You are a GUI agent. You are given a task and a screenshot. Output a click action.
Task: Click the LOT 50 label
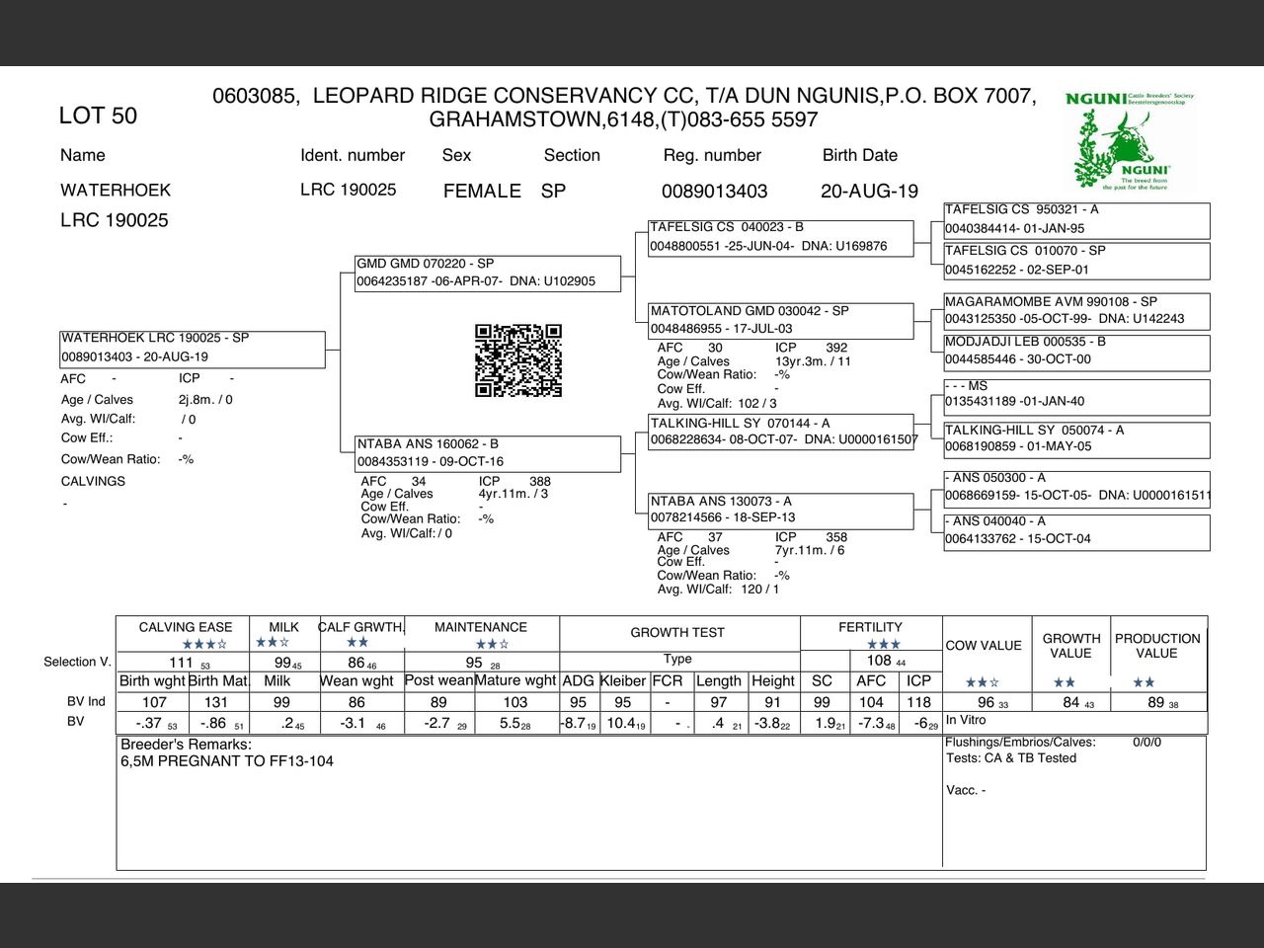(x=98, y=116)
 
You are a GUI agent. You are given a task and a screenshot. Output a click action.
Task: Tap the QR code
(x=518, y=360)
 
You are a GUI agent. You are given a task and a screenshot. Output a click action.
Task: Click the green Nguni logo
(x=1130, y=141)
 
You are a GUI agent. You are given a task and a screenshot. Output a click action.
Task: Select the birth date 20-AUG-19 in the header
(x=869, y=191)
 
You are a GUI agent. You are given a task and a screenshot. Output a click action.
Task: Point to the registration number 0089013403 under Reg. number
(x=714, y=191)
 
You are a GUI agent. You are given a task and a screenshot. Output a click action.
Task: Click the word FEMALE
(x=482, y=191)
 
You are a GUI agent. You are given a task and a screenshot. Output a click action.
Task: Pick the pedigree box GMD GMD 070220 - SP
(x=488, y=273)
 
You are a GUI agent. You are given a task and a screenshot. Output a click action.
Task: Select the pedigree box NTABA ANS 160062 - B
(x=488, y=452)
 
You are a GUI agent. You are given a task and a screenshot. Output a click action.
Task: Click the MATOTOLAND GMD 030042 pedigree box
(x=780, y=320)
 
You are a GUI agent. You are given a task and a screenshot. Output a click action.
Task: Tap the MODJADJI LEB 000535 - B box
(x=1076, y=351)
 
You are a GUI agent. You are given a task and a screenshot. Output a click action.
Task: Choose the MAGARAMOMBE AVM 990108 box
(x=1076, y=310)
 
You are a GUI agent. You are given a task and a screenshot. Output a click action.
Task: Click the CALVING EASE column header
(x=186, y=627)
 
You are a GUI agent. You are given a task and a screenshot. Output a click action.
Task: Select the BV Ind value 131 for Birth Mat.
(x=216, y=702)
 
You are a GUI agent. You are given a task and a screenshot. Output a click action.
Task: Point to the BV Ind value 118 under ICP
(x=918, y=702)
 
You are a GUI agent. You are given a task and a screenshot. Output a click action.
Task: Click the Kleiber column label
(x=622, y=680)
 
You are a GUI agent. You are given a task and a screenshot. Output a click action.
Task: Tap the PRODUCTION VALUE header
(x=1157, y=646)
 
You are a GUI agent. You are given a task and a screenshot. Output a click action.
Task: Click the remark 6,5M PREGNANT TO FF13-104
(x=227, y=761)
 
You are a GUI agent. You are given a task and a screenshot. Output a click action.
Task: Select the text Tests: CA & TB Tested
(x=1010, y=758)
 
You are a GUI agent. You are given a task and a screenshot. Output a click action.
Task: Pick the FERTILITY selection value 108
(x=879, y=661)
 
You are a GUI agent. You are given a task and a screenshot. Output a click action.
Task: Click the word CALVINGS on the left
(x=93, y=482)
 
